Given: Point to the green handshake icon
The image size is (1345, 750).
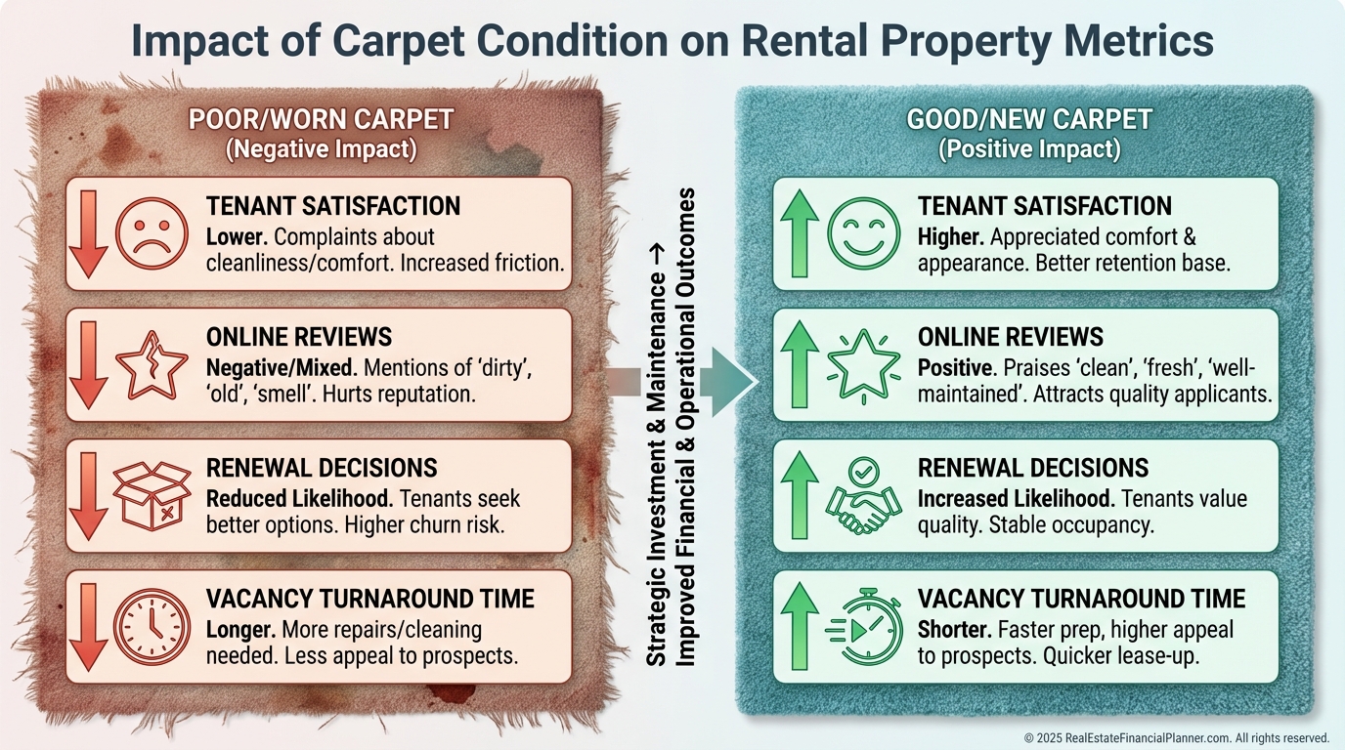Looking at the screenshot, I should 862,496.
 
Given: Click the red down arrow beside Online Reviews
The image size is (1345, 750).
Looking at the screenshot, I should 87,364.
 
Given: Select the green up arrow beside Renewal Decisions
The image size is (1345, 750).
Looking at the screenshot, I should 801,495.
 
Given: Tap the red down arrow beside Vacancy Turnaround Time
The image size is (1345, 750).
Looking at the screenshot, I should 87,626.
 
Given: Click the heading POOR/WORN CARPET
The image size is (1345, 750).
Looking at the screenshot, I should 321,119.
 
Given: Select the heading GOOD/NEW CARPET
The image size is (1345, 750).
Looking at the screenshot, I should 1029,119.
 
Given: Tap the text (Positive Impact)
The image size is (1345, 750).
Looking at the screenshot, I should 1029,150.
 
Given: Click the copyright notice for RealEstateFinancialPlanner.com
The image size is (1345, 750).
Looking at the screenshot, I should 1176,737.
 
